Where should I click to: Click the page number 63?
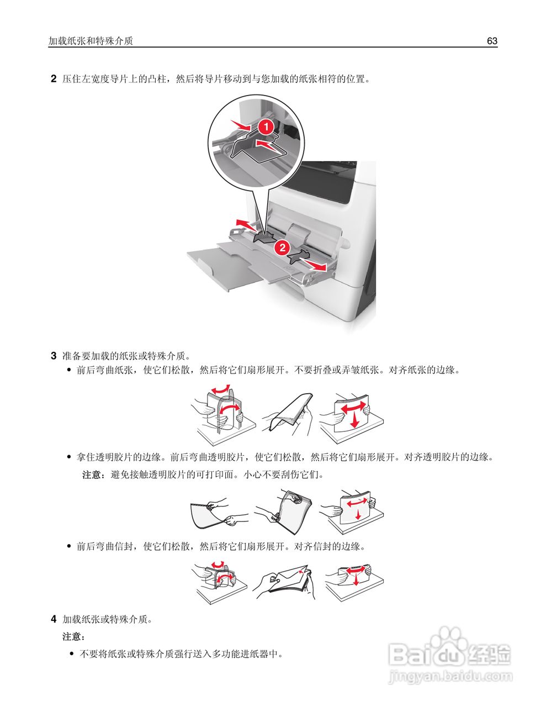click(x=492, y=41)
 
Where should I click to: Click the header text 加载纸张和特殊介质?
click(x=91, y=41)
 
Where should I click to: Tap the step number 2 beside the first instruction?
click(x=54, y=79)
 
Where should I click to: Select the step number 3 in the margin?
click(x=54, y=355)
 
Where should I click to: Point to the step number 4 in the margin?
click(x=54, y=619)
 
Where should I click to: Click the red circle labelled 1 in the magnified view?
click(x=266, y=126)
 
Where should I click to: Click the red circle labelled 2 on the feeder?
click(x=282, y=247)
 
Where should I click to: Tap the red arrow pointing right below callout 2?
click(x=318, y=267)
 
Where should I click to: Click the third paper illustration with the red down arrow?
click(x=352, y=415)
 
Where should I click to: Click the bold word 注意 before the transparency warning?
click(x=92, y=474)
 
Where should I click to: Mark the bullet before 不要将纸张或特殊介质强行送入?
click(x=71, y=655)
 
